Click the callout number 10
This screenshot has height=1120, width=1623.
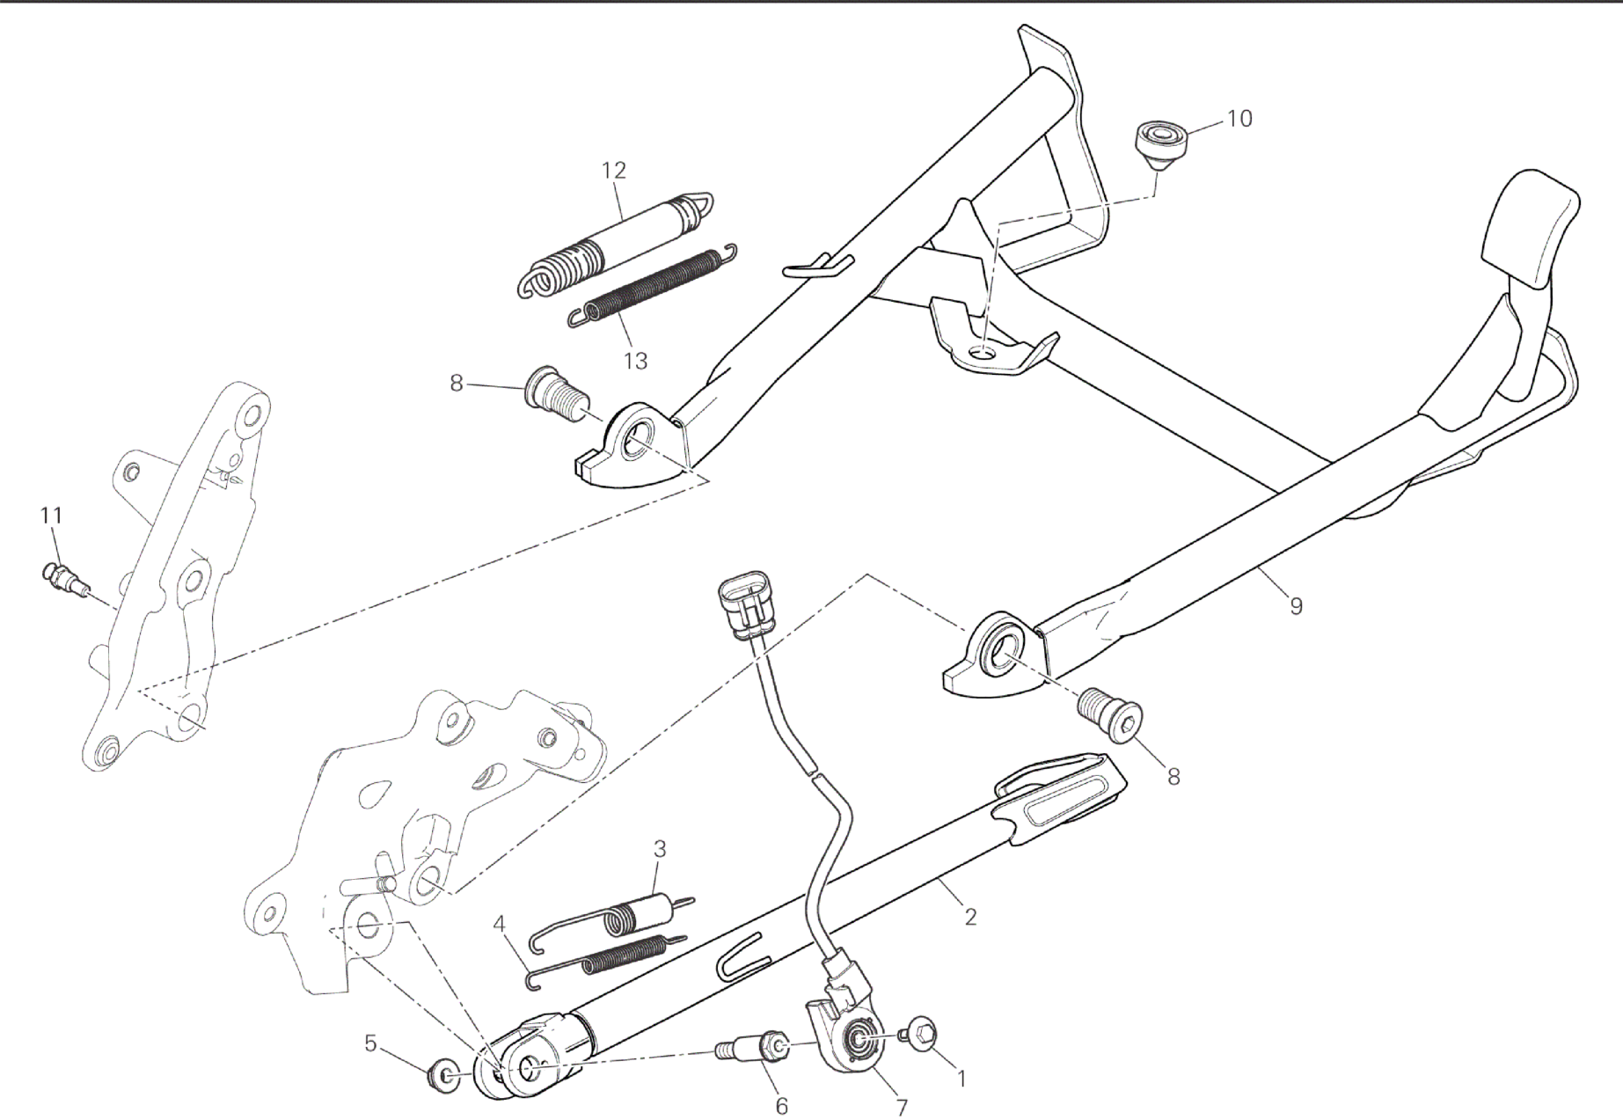coord(1239,118)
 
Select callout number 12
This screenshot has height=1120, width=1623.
coord(614,170)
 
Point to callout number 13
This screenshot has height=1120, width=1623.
coord(635,360)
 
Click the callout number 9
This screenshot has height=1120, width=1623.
coord(1295,605)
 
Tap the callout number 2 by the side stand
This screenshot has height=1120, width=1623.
coord(970,917)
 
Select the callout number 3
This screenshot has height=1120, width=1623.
coord(660,849)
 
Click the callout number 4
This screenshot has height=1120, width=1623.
coord(500,924)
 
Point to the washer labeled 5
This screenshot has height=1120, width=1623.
coord(442,1075)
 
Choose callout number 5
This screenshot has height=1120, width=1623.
coord(370,1043)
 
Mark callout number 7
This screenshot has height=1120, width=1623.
coord(902,1105)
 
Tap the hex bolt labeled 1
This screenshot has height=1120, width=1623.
coord(919,1033)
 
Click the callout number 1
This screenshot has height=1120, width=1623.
coord(961,1078)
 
